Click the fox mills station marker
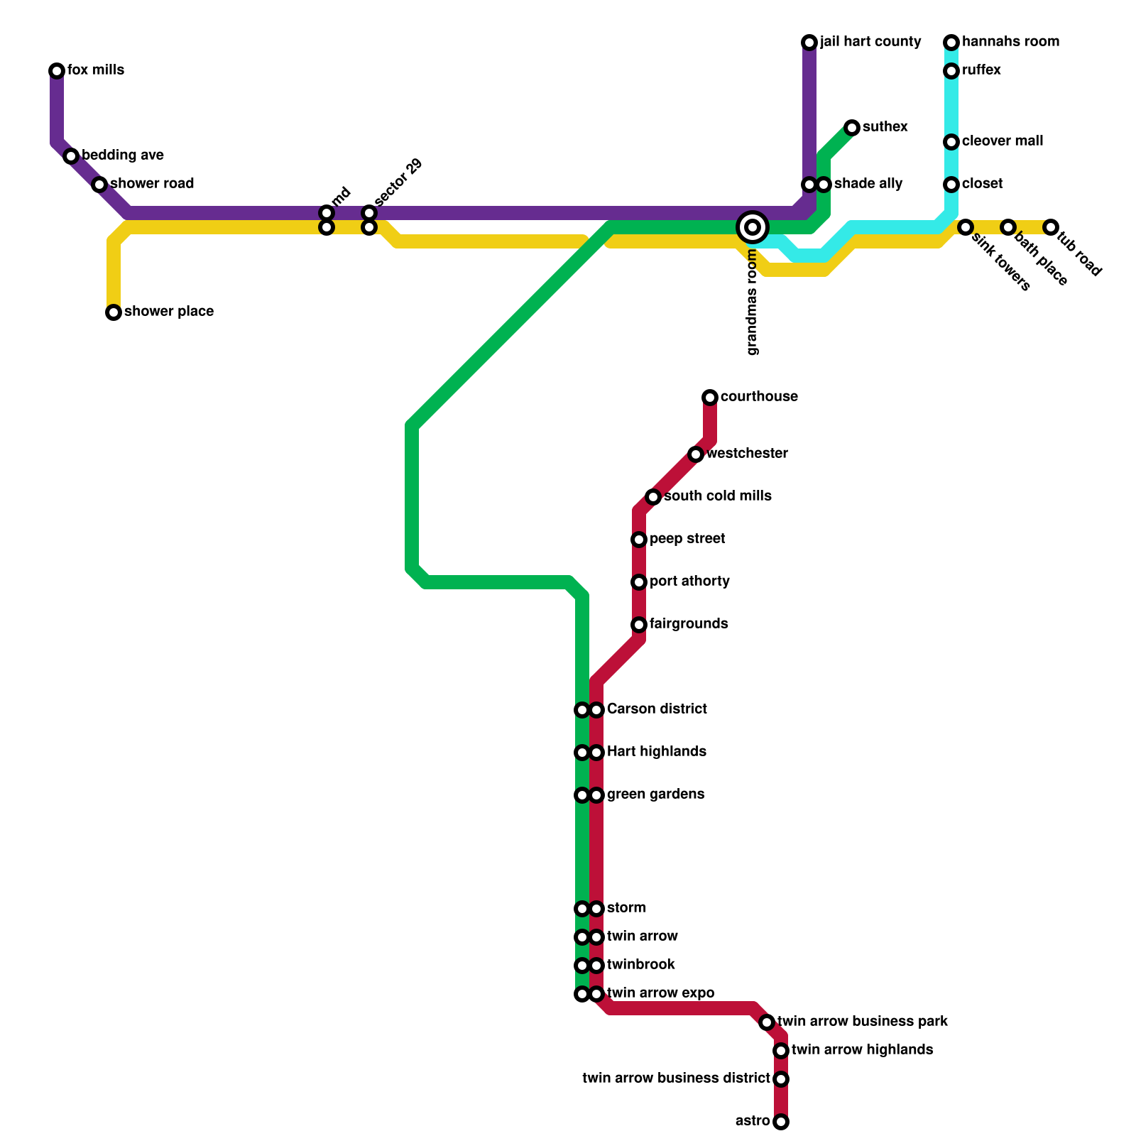(x=57, y=71)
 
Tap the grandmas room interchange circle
(x=753, y=227)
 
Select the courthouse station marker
(x=710, y=398)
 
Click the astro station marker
(x=781, y=1122)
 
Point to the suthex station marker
(x=852, y=128)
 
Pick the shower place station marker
(x=114, y=312)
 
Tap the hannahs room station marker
(x=951, y=43)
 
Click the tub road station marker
(x=1051, y=227)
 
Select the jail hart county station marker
(x=809, y=43)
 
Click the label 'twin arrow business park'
(x=863, y=1022)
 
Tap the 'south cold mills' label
(x=717, y=496)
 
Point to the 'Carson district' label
(x=657, y=709)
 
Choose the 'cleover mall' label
(x=1003, y=141)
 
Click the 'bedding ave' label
(x=123, y=155)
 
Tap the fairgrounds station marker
(x=639, y=625)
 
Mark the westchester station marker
(x=696, y=454)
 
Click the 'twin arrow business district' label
(x=676, y=1078)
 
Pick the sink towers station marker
(x=966, y=227)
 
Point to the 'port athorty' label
(x=689, y=581)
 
